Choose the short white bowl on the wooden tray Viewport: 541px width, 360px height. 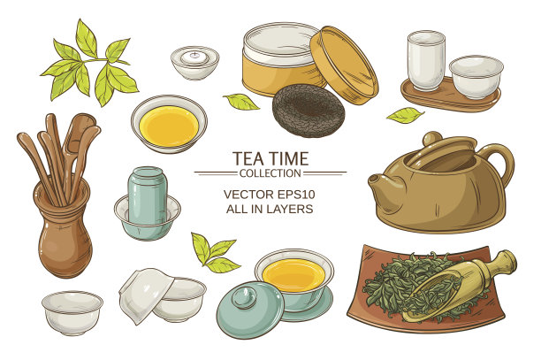[x=476, y=75]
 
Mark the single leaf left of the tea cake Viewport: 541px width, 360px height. [x=240, y=102]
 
